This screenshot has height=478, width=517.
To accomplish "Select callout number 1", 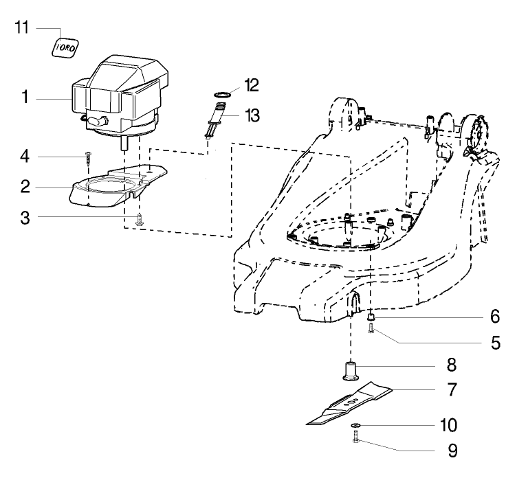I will tap(24, 98).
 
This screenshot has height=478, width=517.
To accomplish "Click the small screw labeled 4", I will tap(89, 160).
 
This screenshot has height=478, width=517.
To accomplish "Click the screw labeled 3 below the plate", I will tap(140, 219).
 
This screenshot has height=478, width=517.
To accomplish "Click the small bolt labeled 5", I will tap(371, 330).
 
